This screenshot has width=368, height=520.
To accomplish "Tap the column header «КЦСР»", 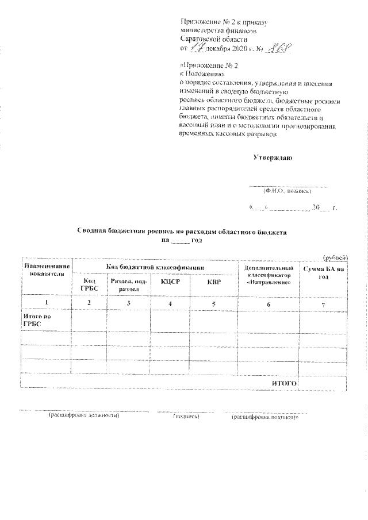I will coord(170,282).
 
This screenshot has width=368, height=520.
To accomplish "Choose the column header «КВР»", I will coord(213,282).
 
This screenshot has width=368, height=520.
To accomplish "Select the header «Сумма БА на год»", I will coord(323,273).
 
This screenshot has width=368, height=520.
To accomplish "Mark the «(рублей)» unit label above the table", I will coord(335,257).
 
